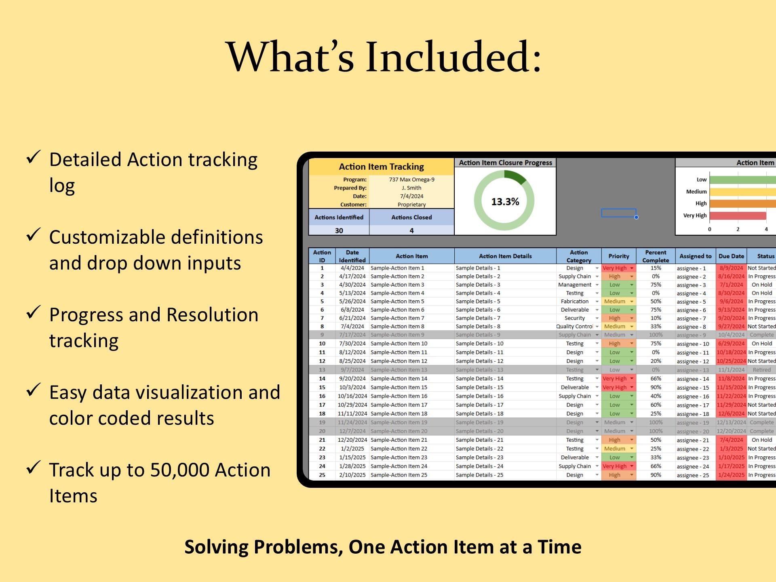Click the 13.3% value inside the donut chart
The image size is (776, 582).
tap(505, 202)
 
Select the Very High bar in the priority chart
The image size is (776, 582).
tap(737, 216)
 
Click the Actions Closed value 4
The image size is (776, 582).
tap(411, 230)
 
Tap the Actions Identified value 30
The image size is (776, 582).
tap(339, 230)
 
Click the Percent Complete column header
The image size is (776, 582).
tap(655, 256)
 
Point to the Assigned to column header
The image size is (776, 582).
tap(695, 256)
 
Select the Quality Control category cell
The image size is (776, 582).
tap(574, 327)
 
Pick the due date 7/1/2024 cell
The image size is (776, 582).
tap(731, 285)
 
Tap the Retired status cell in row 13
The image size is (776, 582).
tap(761, 370)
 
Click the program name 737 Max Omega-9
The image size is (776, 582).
tap(411, 179)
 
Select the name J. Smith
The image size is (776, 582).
tap(411, 188)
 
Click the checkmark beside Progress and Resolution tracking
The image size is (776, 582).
tap(33, 312)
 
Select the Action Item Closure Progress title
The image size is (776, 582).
tap(505, 163)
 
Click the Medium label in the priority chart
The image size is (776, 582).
tap(696, 192)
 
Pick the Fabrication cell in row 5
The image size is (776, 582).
tap(574, 302)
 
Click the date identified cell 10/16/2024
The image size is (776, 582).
tap(352, 396)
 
